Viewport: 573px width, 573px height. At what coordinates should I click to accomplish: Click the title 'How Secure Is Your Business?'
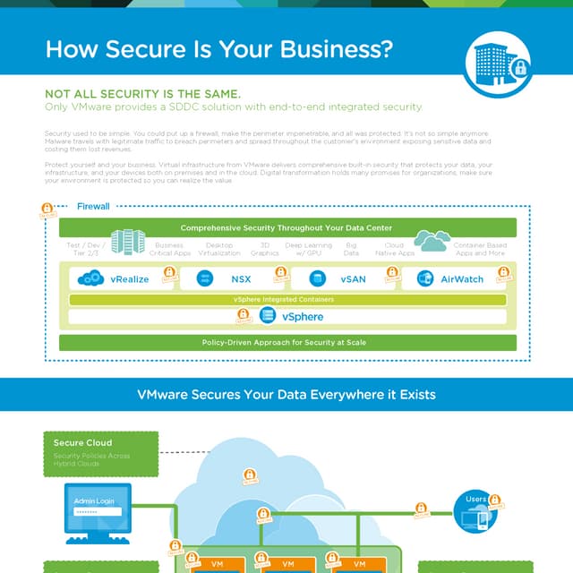coord(219,49)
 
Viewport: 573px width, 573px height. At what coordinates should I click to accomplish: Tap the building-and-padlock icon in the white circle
coord(495,62)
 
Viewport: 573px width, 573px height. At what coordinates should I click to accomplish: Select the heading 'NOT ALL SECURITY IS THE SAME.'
coord(142,94)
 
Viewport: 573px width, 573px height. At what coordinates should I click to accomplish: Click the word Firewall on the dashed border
coord(93,206)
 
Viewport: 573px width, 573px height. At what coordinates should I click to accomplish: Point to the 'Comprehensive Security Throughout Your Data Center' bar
coord(286,228)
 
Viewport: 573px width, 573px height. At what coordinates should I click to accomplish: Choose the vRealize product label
coord(130,279)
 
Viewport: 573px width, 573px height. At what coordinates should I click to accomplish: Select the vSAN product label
coord(353,279)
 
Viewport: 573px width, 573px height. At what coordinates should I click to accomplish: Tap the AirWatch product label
coord(462,279)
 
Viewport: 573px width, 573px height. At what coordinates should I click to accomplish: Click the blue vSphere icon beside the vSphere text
coord(267,316)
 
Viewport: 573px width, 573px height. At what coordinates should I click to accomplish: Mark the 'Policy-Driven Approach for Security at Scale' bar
coord(286,342)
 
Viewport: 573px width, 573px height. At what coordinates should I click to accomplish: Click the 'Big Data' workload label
coord(351,249)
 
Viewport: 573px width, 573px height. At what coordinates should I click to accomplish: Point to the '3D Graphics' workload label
coord(265,249)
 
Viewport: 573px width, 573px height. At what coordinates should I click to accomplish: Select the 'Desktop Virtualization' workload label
coord(218,249)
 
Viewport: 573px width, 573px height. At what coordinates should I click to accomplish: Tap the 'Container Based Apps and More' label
coord(479,249)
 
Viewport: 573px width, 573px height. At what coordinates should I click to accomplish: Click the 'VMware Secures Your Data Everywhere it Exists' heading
coord(286,394)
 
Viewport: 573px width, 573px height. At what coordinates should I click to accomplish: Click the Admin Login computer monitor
coord(98,509)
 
